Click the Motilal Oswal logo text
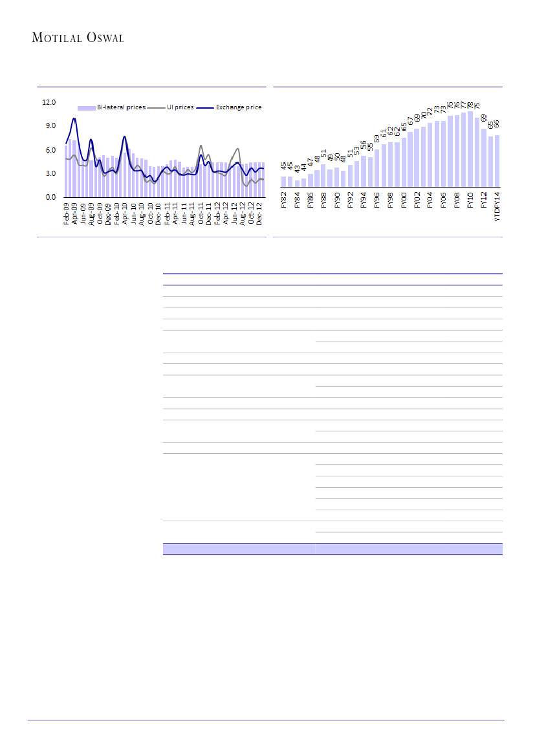tap(78, 38)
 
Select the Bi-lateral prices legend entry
tap(111, 107)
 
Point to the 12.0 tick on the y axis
tap(49, 102)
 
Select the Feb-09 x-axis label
tap(67, 213)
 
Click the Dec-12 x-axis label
tap(259, 213)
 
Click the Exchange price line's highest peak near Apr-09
tap(74, 118)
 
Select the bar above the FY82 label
tap(283, 181)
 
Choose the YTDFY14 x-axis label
tap(497, 206)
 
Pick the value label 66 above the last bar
tap(497, 124)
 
